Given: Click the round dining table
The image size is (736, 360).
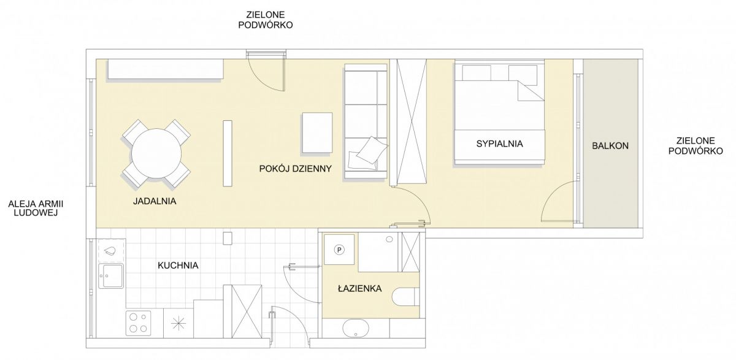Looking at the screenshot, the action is [x=156, y=153].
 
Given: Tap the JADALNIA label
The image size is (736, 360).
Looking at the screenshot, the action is [x=155, y=201].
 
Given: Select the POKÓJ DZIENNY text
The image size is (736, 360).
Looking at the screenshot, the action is [x=296, y=169].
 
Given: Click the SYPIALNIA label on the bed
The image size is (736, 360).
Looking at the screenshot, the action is [x=499, y=144].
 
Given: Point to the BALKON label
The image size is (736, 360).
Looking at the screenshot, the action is [x=610, y=145].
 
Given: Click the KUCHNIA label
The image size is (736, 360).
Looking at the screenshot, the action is [x=178, y=266].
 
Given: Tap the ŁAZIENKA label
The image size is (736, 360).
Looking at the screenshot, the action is [x=359, y=288].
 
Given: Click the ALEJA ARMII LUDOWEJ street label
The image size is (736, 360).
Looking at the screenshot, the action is [x=36, y=209].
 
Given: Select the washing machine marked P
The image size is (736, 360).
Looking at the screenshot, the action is [x=339, y=250].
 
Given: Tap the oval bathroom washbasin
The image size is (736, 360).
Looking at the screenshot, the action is [x=356, y=329].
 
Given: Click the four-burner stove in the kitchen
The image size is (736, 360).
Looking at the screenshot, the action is [x=139, y=323].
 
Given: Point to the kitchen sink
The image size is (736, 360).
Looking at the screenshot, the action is [x=111, y=276].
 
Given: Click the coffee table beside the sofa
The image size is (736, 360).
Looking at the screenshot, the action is [x=317, y=132].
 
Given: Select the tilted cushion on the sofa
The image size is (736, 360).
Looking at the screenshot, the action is [x=372, y=150].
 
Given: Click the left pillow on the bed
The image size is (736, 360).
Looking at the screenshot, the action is [x=477, y=72].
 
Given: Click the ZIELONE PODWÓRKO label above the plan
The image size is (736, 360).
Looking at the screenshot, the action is [x=266, y=20].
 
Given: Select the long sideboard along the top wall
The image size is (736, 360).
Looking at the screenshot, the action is [x=165, y=69].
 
